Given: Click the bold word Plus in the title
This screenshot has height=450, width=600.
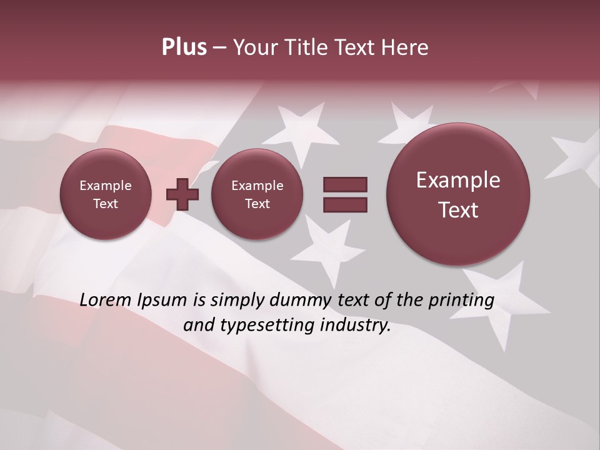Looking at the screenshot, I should pos(184,47).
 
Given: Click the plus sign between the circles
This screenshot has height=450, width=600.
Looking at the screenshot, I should pos(182,194).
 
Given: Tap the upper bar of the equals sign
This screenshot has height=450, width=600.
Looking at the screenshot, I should pos(345,184).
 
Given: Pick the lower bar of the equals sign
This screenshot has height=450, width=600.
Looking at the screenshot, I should pos(345,204).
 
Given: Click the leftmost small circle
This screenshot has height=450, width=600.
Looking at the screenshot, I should pos(106,194).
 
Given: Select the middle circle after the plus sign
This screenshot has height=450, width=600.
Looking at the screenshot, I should pos(257,194).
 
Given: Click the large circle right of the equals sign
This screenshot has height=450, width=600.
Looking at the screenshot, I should pos(458,194).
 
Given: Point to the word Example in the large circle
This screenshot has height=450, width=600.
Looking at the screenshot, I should pos(458,180).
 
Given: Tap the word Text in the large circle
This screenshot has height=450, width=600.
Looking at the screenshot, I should pos(458,210).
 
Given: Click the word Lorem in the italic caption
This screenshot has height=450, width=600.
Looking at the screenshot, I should pos(107,300).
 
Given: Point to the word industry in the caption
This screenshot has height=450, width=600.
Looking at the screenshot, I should pos(357,326).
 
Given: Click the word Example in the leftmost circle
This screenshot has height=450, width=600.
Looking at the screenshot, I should pos(106,186).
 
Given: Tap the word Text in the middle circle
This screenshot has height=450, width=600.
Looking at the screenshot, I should pos(257,204).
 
